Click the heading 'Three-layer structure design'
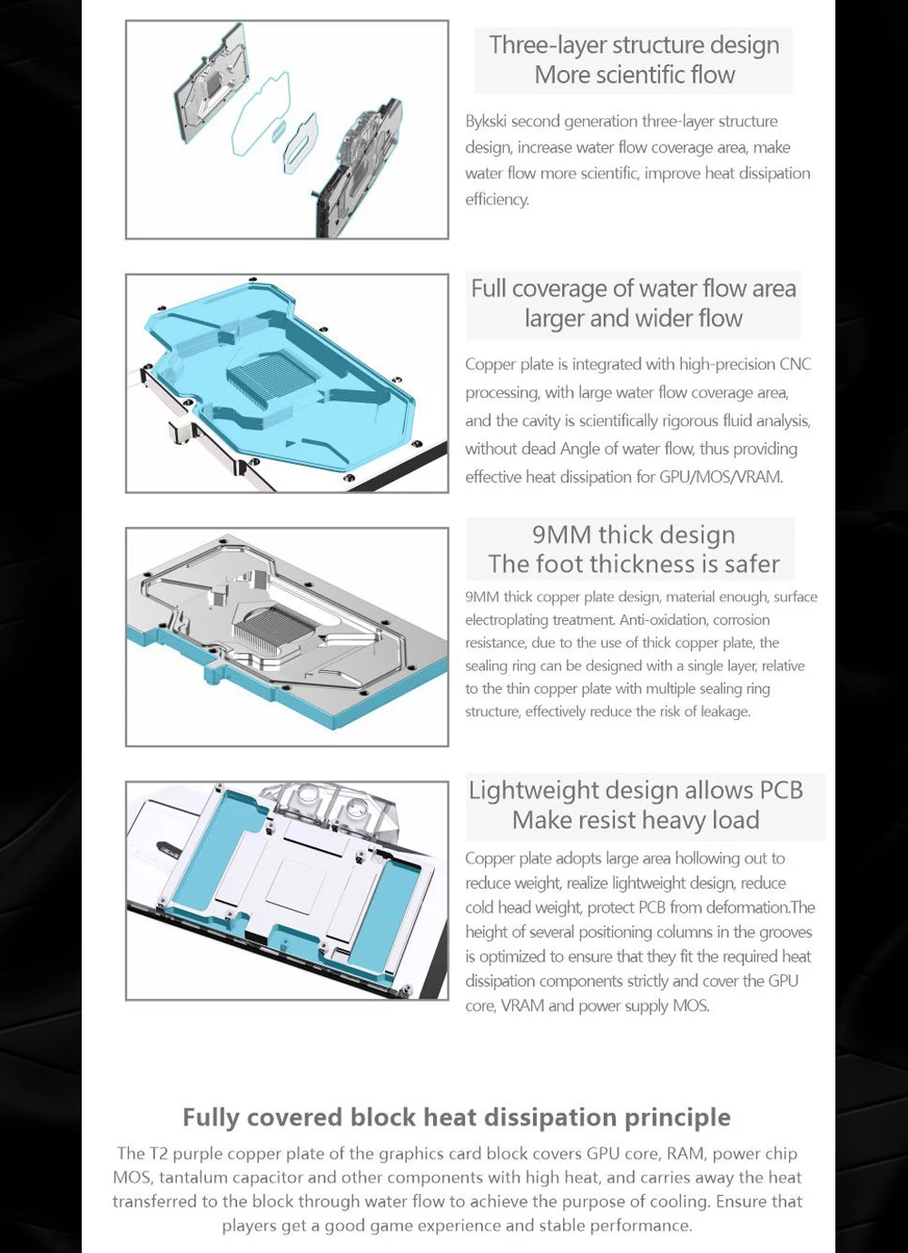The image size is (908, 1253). click(x=634, y=44)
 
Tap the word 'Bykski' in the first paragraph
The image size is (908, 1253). click(x=486, y=121)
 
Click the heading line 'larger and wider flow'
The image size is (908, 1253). click(x=633, y=319)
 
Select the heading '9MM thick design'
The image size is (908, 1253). click(x=633, y=535)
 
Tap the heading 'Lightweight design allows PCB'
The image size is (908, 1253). click(x=636, y=790)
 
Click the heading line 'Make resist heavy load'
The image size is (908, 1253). click(x=636, y=821)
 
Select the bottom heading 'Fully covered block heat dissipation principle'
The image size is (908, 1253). click(x=456, y=1117)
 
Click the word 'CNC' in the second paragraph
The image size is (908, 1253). click(x=795, y=364)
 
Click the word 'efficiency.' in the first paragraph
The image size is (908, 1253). click(x=497, y=200)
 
